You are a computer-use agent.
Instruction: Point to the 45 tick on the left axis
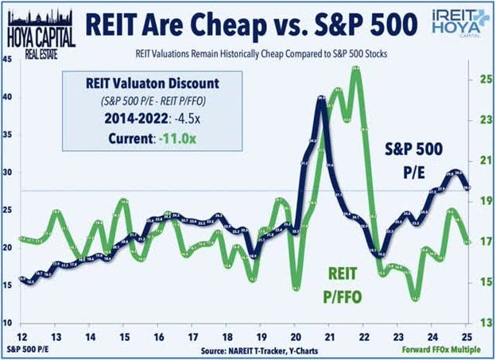click(x=7, y=59)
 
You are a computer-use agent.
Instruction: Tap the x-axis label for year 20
click(x=294, y=337)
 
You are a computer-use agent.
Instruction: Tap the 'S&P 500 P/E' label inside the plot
click(x=418, y=157)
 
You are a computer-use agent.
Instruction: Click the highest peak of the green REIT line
click(x=355, y=69)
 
